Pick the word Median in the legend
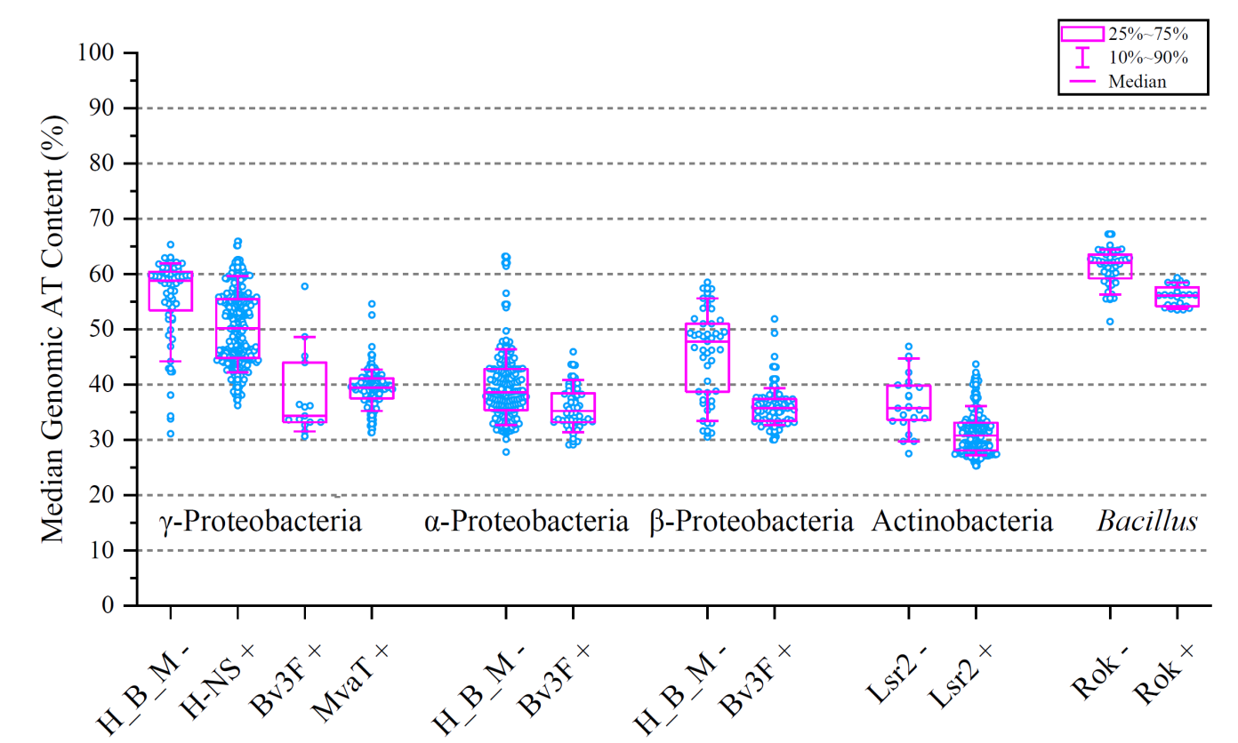point(1138,81)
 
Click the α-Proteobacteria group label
point(527,521)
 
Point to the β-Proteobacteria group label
point(752,521)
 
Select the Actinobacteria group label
point(962,521)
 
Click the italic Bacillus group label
point(1146,521)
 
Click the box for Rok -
point(1110,266)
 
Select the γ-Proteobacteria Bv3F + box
point(305,391)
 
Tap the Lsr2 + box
point(976,435)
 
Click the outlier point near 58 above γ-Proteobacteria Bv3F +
point(305,286)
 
